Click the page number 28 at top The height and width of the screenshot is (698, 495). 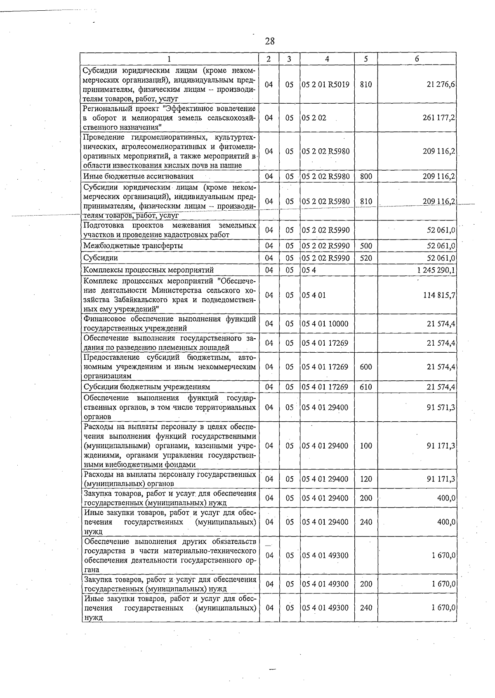click(270, 41)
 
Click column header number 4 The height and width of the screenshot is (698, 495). click(327, 59)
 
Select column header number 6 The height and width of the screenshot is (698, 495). click(417, 59)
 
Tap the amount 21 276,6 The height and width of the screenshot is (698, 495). click(441, 84)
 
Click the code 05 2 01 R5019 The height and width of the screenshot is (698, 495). click(325, 84)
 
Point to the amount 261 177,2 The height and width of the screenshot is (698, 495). click(439, 118)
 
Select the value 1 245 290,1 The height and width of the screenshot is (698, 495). click(436, 270)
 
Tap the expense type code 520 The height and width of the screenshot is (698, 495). click(365, 258)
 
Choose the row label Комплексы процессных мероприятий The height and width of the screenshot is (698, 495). click(148, 270)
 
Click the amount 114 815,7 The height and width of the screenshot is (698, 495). click(439, 295)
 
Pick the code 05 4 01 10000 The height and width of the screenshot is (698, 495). click(325, 324)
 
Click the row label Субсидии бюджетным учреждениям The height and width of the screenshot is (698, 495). click(147, 387)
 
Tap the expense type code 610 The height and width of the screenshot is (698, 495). click(365, 387)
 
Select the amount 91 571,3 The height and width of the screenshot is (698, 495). click(441, 407)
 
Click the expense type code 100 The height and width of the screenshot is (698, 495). click(365, 446)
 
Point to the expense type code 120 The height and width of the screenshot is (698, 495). click(365, 479)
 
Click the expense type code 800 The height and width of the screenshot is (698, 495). click(365, 176)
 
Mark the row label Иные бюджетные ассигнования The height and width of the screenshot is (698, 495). click(138, 176)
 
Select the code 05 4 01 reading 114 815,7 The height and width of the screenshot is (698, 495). click(314, 295)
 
